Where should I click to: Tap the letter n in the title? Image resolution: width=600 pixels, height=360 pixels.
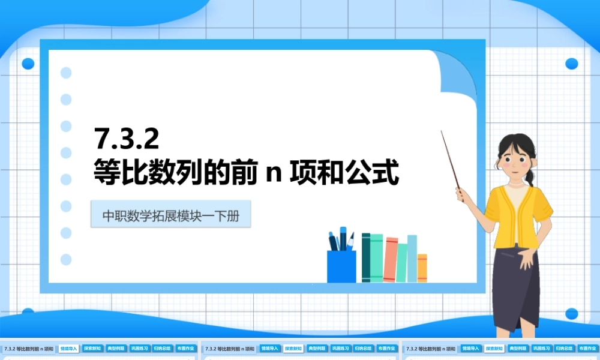point(274,174)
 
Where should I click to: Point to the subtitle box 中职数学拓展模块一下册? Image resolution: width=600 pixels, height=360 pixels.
point(170,215)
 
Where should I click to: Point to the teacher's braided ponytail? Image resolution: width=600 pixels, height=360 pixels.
point(530,175)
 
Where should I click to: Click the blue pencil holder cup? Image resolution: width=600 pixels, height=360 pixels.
point(341,266)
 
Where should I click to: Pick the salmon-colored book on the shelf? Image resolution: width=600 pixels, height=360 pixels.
point(391,259)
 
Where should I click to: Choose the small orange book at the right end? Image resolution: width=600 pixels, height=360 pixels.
point(422,268)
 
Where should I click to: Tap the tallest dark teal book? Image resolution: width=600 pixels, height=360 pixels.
point(365,257)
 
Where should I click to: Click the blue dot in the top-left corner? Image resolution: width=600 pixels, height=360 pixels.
point(28,64)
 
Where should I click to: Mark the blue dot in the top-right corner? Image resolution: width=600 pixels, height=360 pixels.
point(571,64)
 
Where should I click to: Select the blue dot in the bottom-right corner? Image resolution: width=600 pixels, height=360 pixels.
point(571,313)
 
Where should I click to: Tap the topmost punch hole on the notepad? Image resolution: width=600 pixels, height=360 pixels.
point(66,73)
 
